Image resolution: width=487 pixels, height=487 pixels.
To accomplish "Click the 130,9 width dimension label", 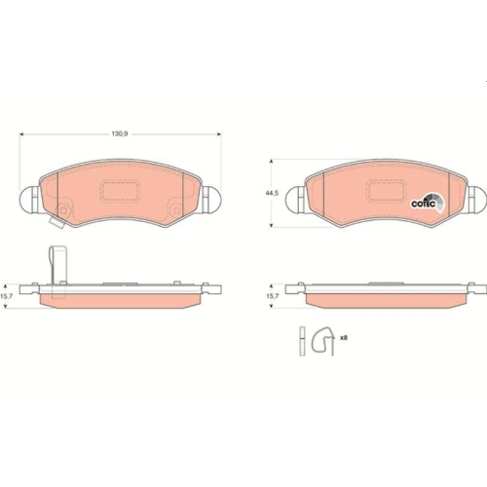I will (x=120, y=137).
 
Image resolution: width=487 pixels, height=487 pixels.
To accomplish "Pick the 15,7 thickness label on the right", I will (x=276, y=294).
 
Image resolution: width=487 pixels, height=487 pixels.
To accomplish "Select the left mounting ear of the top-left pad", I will (x=31, y=199).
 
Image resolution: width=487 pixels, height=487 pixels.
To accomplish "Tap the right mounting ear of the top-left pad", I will (x=209, y=199).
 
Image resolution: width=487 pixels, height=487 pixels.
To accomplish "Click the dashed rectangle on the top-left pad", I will (x=121, y=186).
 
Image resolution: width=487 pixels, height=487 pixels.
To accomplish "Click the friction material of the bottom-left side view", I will (x=121, y=298).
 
